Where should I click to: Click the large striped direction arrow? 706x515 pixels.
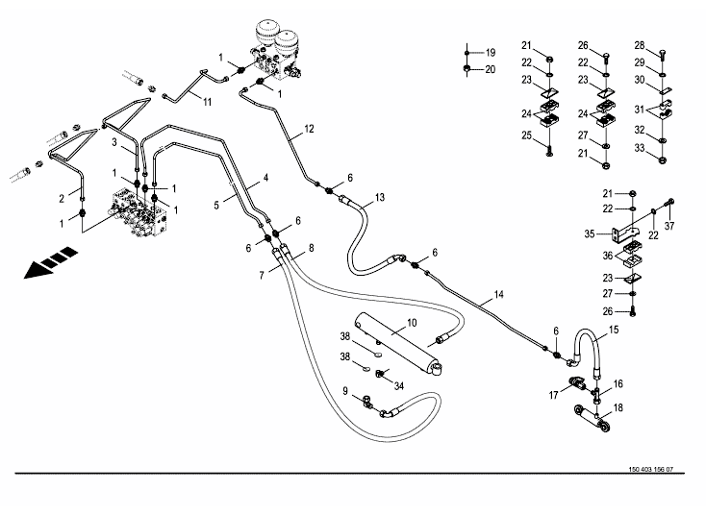(x=48, y=264)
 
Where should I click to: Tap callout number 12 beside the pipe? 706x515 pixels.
(x=309, y=128)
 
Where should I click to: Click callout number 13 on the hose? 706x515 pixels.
(x=380, y=197)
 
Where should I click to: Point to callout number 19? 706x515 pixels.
(x=489, y=51)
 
